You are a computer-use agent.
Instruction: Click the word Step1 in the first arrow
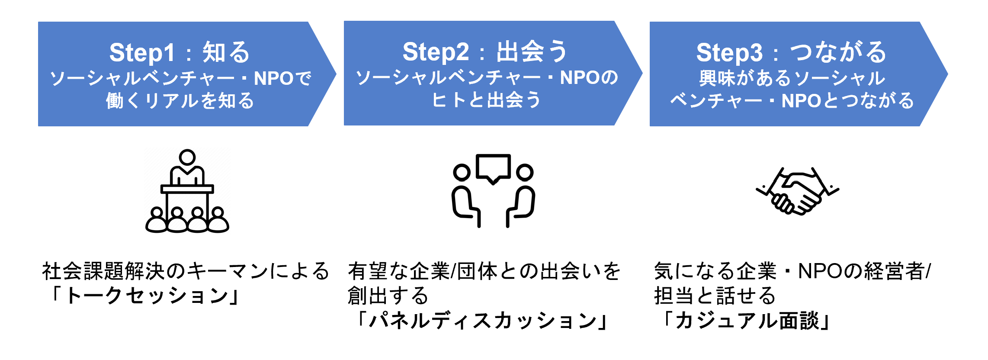[x=142, y=53]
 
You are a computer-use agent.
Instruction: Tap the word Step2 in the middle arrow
[x=435, y=52]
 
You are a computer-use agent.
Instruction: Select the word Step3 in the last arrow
[x=729, y=53]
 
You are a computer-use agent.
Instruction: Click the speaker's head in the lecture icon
[x=187, y=157]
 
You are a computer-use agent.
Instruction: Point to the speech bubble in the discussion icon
[x=493, y=167]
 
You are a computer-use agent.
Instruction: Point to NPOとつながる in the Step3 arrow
[x=848, y=101]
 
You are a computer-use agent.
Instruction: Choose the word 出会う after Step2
[x=532, y=52]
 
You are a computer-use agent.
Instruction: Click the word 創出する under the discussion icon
[x=388, y=296]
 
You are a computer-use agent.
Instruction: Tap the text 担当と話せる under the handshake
[x=715, y=296]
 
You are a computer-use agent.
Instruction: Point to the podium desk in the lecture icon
[x=187, y=189]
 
